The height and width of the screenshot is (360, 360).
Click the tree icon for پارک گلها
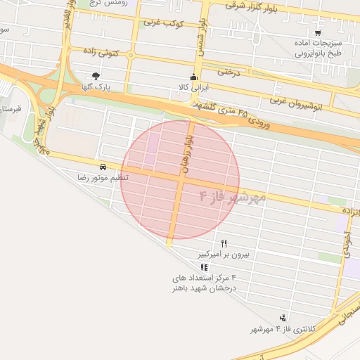click(96, 76)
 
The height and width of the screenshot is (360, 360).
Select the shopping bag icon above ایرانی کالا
click(195, 78)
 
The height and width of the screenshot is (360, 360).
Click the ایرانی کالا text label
click(195, 89)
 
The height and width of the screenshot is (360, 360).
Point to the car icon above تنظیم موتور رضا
click(103, 167)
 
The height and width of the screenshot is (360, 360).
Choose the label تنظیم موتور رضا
click(103, 178)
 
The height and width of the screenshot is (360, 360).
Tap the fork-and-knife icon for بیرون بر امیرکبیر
click(224, 243)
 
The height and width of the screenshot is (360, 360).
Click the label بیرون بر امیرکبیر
click(224, 253)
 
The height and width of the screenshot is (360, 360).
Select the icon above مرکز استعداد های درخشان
click(204, 267)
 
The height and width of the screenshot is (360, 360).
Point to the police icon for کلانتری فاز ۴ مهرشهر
click(283, 318)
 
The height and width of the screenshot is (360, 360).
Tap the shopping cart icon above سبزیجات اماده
click(318, 32)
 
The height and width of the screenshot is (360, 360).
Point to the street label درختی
click(229, 72)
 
